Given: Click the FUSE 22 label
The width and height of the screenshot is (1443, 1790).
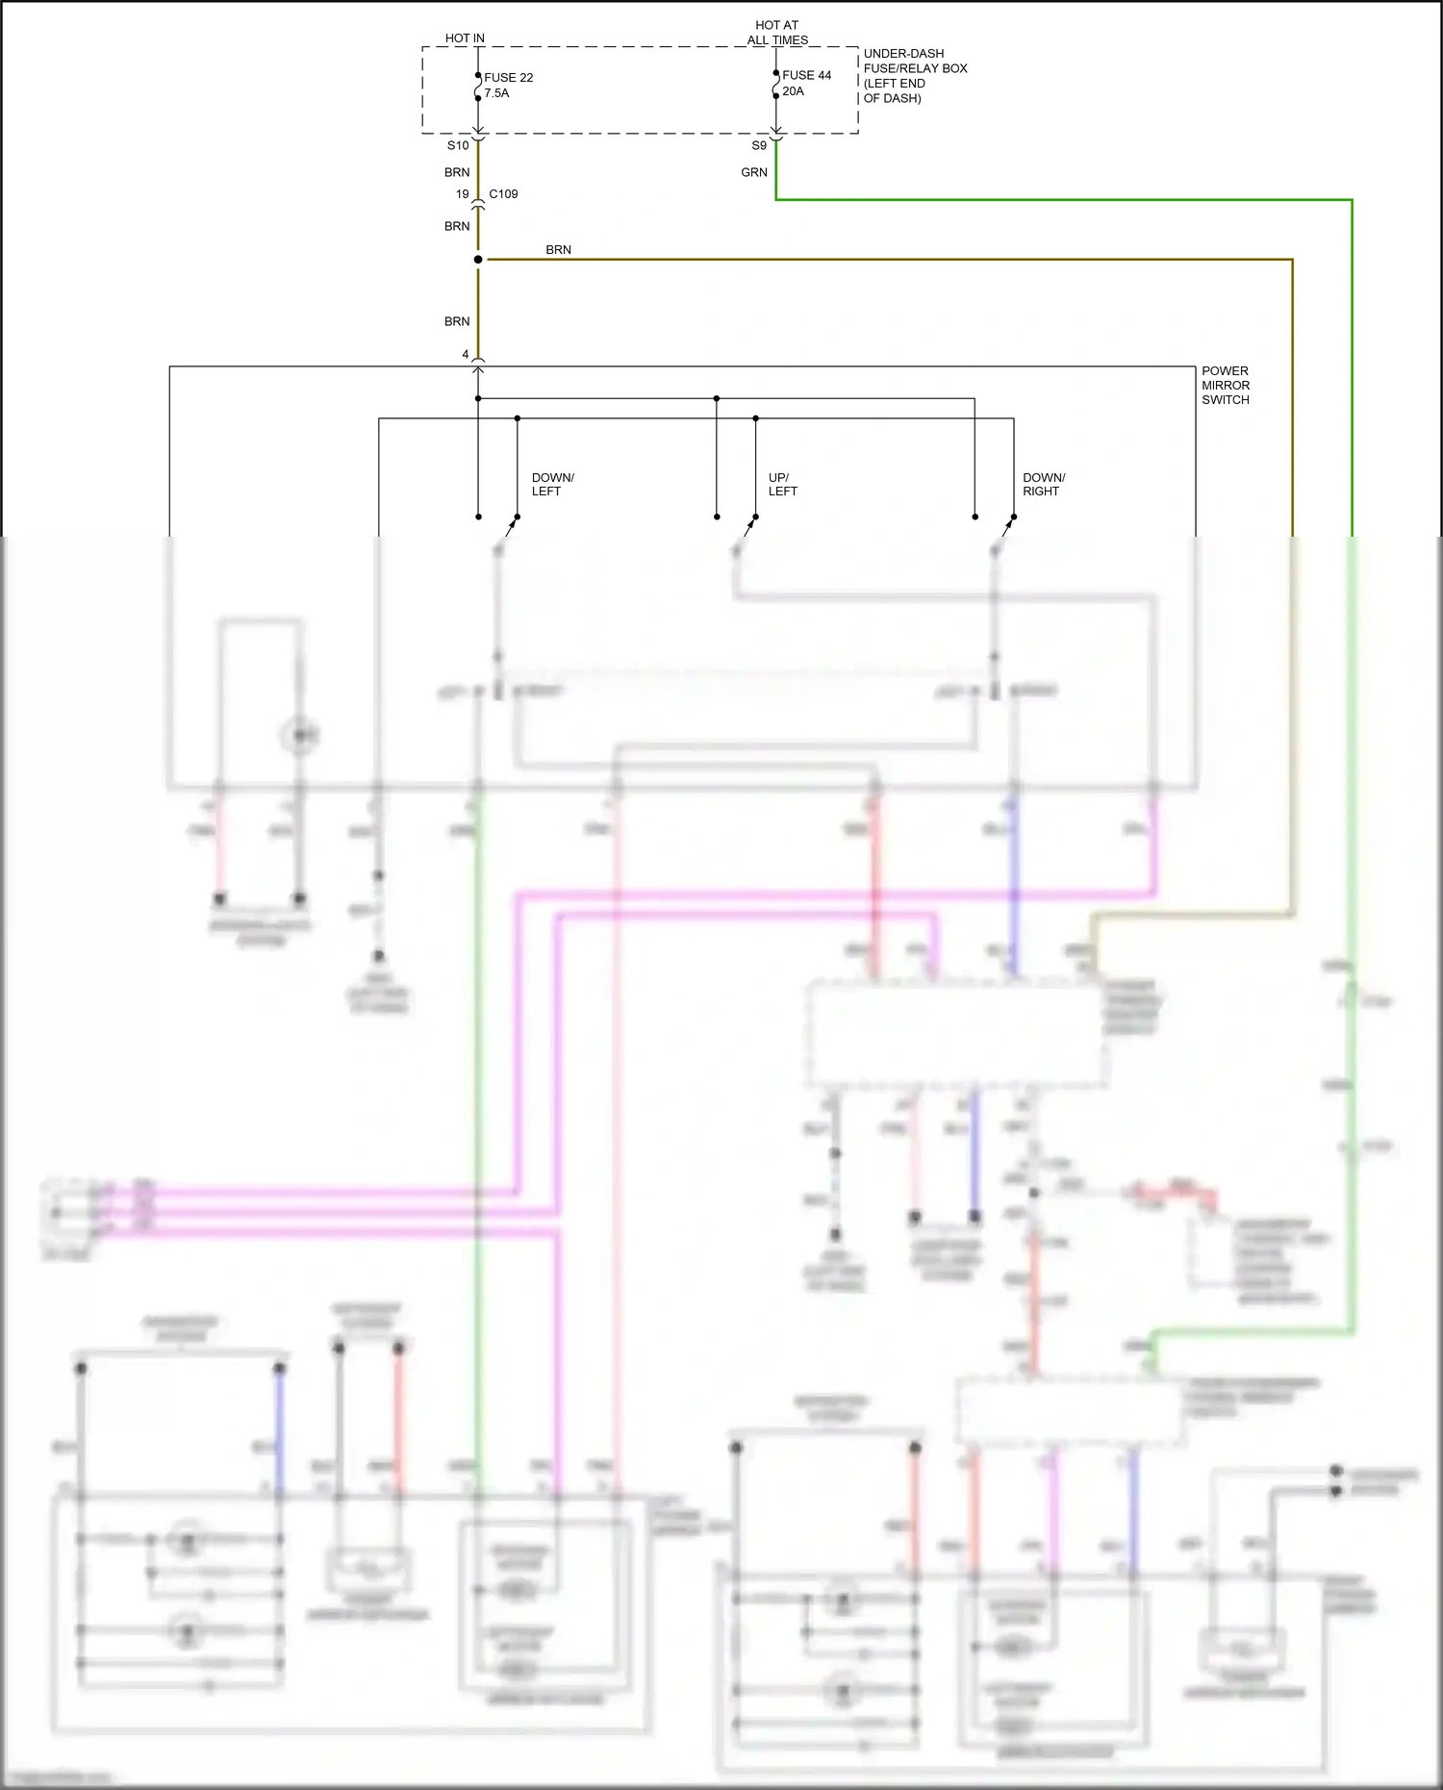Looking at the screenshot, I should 508,78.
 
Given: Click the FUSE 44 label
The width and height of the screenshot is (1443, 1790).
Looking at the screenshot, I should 806,75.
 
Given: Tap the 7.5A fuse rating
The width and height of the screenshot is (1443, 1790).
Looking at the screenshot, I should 496,93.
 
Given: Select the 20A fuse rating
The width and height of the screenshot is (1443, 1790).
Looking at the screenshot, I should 793,91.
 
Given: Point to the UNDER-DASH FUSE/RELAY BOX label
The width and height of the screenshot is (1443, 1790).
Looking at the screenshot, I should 915,75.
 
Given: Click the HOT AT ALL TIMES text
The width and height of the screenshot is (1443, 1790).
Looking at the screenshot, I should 777,33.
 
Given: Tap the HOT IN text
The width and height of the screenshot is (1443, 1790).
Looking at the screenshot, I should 465,38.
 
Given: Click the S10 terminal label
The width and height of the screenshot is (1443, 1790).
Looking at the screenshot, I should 458,145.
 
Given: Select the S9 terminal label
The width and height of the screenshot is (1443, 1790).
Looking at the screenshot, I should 759,145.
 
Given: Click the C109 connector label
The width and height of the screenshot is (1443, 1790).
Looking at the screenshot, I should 503,194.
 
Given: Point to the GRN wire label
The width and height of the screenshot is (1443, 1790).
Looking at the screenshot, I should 754,172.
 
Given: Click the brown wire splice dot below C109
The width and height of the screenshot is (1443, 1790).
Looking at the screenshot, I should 478,260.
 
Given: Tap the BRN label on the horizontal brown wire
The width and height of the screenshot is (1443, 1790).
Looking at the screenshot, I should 558,250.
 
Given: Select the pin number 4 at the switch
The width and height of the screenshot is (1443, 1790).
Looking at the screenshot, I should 466,355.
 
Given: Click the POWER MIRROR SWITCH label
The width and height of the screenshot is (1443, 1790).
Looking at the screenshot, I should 1225,385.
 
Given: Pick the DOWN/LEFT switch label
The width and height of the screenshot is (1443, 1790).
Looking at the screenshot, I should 552,484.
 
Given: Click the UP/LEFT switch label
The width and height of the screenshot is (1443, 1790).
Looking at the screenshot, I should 782,484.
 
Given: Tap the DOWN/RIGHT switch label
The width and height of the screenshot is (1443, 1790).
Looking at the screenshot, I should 1043,484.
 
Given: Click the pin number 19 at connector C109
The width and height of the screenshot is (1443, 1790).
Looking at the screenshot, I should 462,194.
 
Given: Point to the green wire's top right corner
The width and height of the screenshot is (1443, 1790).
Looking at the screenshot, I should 1352,200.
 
